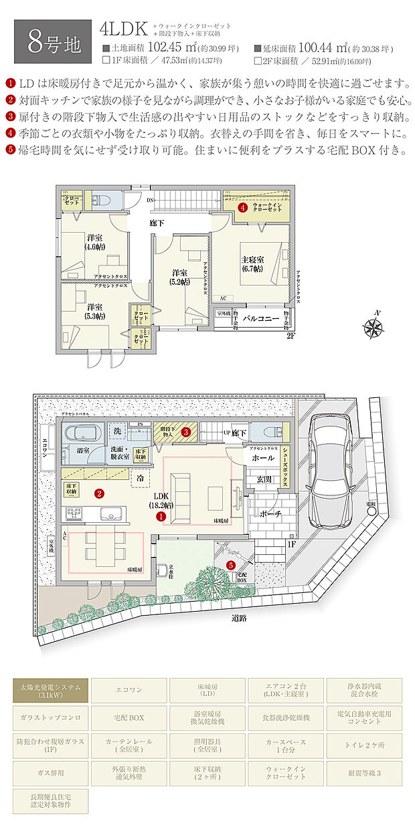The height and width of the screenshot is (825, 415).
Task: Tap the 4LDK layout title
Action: (x=123, y=29)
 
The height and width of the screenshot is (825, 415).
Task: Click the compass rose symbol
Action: (x=372, y=327)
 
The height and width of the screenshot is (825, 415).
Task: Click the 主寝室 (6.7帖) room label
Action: (x=252, y=263)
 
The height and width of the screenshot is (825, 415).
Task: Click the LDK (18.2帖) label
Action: (x=161, y=501)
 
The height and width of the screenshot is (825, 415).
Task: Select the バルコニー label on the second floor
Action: (x=260, y=319)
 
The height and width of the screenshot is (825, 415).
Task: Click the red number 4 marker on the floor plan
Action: (x=242, y=208)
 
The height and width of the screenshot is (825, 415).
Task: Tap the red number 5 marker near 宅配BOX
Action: (x=231, y=565)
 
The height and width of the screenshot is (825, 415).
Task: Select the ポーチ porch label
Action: (x=268, y=514)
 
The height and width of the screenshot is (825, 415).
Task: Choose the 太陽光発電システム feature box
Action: (x=50, y=690)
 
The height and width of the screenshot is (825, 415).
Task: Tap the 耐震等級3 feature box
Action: (x=364, y=773)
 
